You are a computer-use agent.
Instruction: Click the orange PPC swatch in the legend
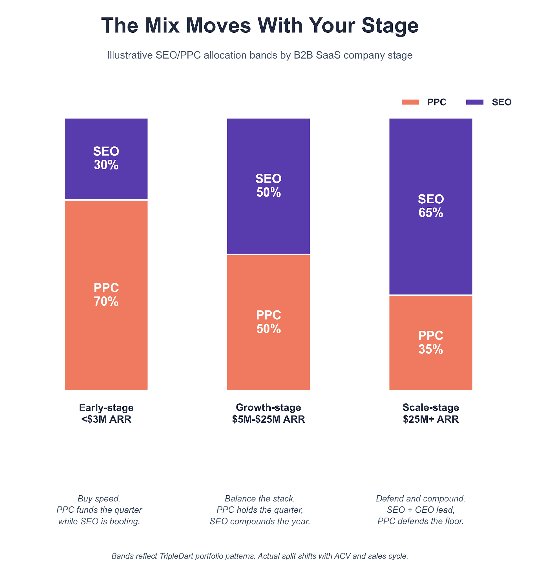pyautogui.click(x=410, y=102)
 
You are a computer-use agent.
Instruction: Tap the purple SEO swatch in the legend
pyautogui.click(x=474, y=102)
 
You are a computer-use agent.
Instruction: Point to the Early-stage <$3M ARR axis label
pyautogui.click(x=106, y=413)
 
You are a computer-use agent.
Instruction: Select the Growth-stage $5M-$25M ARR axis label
pyautogui.click(x=268, y=413)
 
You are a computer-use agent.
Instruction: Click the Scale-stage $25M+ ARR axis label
pyautogui.click(x=430, y=413)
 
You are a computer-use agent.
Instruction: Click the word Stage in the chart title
pyautogui.click(x=390, y=26)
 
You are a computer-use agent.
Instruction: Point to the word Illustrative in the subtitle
pyautogui.click(x=130, y=55)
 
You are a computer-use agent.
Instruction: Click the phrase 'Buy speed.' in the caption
pyautogui.click(x=99, y=498)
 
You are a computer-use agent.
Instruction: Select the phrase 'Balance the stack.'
pyautogui.click(x=260, y=498)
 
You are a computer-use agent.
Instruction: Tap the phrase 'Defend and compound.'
pyautogui.click(x=420, y=498)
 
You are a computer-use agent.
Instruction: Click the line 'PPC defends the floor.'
pyautogui.click(x=420, y=521)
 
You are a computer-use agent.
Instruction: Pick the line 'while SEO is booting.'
pyautogui.click(x=99, y=521)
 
